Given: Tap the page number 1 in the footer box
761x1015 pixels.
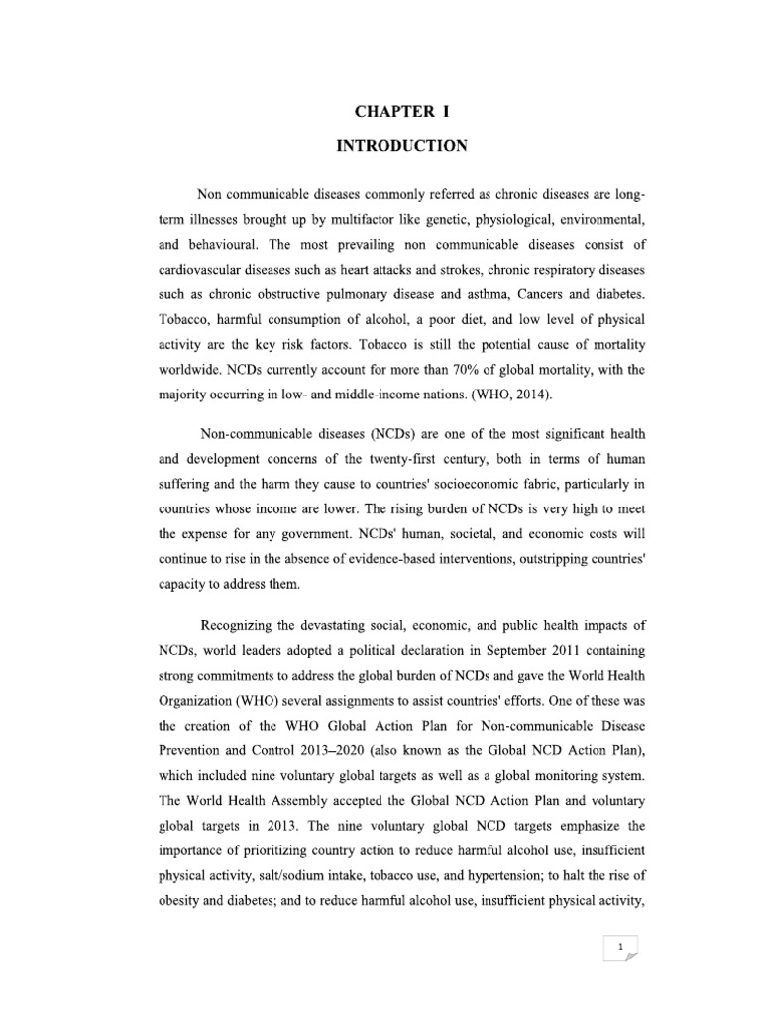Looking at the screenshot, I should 619,947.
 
